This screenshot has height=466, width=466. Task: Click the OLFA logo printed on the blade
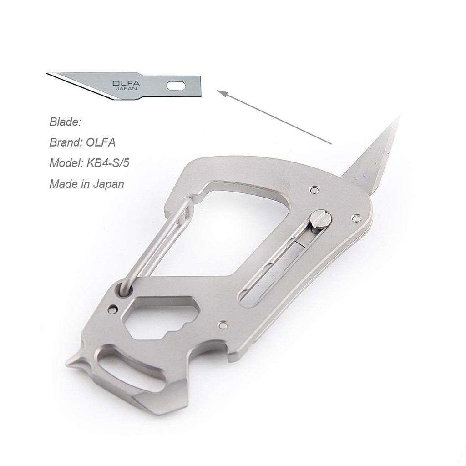click(x=126, y=83)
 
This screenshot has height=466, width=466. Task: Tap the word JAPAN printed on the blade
click(x=127, y=89)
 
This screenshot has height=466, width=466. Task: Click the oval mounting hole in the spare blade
click(x=176, y=86)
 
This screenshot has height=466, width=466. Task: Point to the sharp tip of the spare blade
click(x=47, y=73)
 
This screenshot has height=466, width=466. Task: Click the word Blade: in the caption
click(x=65, y=122)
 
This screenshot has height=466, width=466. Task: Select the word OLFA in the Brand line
click(x=101, y=142)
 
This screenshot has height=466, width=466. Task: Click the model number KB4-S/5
click(x=107, y=163)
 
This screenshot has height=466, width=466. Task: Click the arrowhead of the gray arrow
click(x=222, y=93)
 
